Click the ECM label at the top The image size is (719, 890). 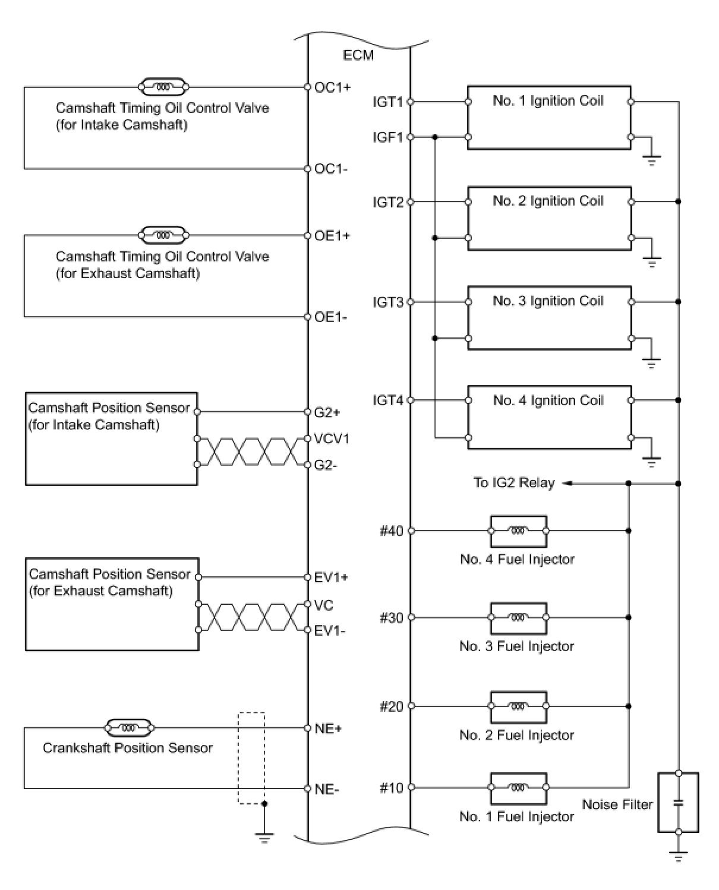point(358,55)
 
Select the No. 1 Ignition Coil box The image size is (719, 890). point(548,118)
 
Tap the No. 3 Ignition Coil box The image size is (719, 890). point(548,318)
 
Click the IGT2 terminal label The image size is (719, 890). point(388,203)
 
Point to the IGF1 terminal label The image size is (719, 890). point(388,138)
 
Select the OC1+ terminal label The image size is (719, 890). point(333,87)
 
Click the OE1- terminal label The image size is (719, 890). point(331,317)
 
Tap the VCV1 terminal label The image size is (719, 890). point(332,439)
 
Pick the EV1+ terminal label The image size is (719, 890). point(332,577)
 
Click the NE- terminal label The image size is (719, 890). point(327,790)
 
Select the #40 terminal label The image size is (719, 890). point(392,531)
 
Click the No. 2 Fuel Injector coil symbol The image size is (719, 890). point(518,706)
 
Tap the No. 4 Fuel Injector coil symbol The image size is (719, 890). point(518,531)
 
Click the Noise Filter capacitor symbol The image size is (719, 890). point(678,803)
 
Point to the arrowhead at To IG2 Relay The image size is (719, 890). point(566,484)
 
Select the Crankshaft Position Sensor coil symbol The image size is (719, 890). point(129,727)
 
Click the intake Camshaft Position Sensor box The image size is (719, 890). point(111,439)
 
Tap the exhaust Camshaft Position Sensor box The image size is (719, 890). point(112,605)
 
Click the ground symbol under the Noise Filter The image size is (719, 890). point(678,856)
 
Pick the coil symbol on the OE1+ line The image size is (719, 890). point(163,236)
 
